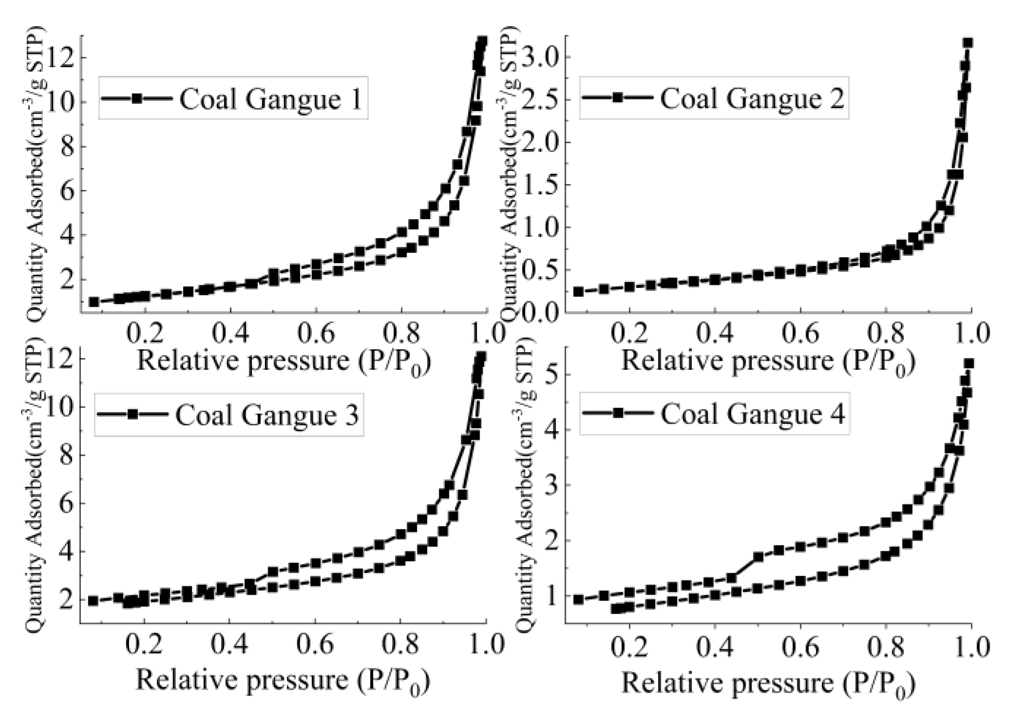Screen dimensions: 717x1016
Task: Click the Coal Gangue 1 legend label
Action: (x=270, y=99)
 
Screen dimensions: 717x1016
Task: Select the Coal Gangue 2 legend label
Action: (x=752, y=98)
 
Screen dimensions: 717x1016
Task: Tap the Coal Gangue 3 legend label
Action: (x=267, y=415)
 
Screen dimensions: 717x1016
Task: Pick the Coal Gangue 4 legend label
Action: (x=753, y=414)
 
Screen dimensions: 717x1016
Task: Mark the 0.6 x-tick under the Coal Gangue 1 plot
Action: (x=316, y=333)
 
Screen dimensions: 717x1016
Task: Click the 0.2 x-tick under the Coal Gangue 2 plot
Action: (x=629, y=333)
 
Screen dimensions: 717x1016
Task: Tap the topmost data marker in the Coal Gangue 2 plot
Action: (x=968, y=43)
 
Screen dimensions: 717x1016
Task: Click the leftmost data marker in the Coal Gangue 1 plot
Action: (x=94, y=302)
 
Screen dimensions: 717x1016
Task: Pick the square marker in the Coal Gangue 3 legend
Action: (x=132, y=415)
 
